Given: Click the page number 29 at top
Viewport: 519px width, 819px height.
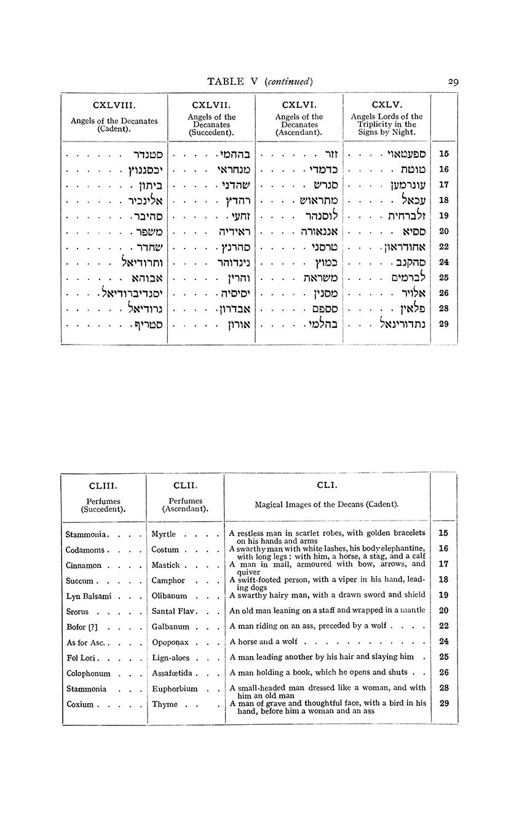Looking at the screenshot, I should click(453, 81).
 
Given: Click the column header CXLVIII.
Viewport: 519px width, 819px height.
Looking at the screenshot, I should click(114, 105).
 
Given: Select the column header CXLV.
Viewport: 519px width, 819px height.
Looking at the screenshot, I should click(387, 105).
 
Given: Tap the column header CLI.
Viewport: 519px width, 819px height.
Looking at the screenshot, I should click(327, 485).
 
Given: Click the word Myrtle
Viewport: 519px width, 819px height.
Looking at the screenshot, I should click(164, 534).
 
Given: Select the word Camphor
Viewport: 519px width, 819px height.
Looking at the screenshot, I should click(168, 580).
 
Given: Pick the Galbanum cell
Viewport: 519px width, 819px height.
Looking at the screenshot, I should click(170, 626).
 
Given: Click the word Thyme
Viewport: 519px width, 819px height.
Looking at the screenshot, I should click(165, 704).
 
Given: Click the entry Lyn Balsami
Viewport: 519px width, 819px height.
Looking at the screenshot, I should click(88, 596).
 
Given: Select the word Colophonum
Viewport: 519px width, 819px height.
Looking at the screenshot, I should click(88, 673).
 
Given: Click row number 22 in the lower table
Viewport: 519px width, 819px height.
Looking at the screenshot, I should click(444, 626).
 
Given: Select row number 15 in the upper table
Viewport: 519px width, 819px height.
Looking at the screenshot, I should click(444, 154).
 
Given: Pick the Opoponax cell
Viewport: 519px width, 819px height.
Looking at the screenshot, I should click(170, 642).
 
